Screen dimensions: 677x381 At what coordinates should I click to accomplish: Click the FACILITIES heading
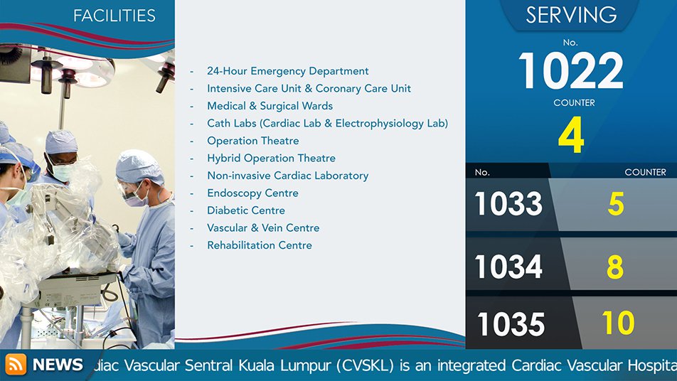point(114,16)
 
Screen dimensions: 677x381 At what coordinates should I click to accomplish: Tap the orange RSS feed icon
point(16,364)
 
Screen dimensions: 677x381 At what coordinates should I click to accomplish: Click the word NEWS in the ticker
point(58,365)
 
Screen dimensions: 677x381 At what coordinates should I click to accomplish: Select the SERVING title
point(571,15)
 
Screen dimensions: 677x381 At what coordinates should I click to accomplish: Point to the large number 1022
point(571,70)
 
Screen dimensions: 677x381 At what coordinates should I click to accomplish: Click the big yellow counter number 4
point(571,135)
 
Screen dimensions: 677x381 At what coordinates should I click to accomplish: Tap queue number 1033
point(508,204)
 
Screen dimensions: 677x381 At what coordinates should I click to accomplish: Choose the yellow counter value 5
point(616,204)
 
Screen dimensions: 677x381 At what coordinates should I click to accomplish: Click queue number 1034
point(508,267)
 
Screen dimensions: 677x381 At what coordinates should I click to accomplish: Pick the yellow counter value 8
point(615,267)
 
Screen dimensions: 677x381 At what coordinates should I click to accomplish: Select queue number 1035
point(511,323)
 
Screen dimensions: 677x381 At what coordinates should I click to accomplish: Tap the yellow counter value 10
point(618,323)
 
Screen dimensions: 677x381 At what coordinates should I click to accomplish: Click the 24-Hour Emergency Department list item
point(287,71)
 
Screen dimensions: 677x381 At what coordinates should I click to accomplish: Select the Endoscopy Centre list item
point(252,193)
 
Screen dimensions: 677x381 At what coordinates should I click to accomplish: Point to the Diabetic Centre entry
point(246,210)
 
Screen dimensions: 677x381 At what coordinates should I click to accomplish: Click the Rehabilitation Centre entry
point(260,245)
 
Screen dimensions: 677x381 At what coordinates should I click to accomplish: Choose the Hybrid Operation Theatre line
point(271,159)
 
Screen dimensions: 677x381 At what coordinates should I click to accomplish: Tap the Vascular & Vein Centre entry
point(263,228)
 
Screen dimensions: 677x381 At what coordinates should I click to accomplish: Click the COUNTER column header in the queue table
point(645,172)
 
